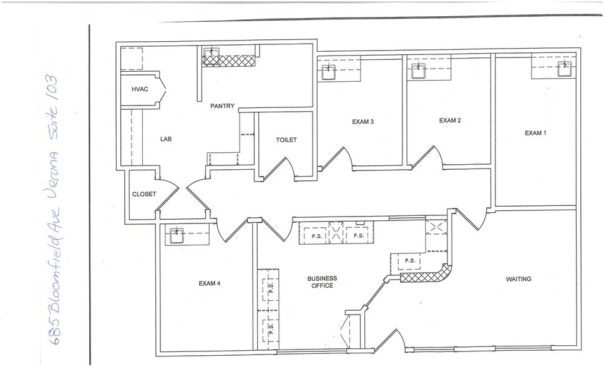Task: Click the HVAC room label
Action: pos(140,90)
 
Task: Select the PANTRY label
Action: pos(222,106)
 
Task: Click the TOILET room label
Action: pos(286,140)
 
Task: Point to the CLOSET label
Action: pos(144,194)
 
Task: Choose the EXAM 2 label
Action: pos(449,120)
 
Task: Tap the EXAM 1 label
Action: pos(535,133)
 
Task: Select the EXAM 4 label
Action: pos(209,283)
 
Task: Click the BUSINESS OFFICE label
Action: pos(321,281)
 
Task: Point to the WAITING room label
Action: pos(518,279)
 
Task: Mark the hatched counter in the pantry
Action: pos(229,60)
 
